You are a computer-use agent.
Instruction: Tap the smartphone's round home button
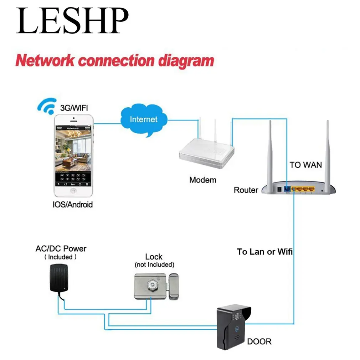[x=73, y=191]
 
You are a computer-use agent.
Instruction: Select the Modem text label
[x=202, y=180]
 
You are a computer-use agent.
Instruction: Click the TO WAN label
[x=305, y=165]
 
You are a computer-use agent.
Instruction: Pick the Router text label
[x=246, y=190]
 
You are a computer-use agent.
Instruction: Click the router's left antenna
[x=270, y=153]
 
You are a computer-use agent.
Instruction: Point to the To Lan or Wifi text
[x=265, y=252]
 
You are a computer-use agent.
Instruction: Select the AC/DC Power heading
[x=61, y=249]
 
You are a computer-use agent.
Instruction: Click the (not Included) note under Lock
[x=154, y=264]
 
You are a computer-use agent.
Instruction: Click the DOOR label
[x=259, y=341]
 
